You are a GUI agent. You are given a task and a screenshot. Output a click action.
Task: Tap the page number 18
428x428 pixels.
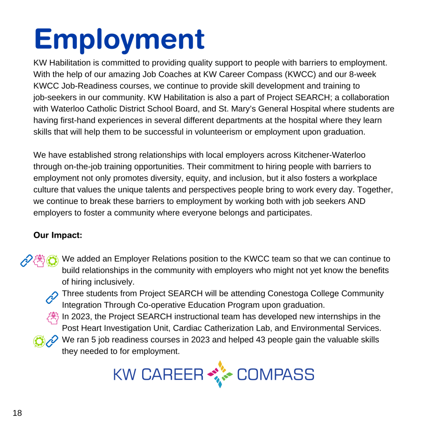click(x=17, y=413)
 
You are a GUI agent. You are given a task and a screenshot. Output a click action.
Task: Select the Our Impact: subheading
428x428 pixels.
click(x=58, y=235)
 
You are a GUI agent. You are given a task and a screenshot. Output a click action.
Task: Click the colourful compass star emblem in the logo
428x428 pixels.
click(x=219, y=374)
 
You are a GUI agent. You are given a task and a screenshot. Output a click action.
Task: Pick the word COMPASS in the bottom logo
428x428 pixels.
click(x=275, y=374)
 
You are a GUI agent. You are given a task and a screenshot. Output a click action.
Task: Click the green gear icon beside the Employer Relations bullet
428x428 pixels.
click(x=53, y=260)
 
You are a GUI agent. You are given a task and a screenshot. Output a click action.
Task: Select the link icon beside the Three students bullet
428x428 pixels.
click(x=52, y=297)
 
